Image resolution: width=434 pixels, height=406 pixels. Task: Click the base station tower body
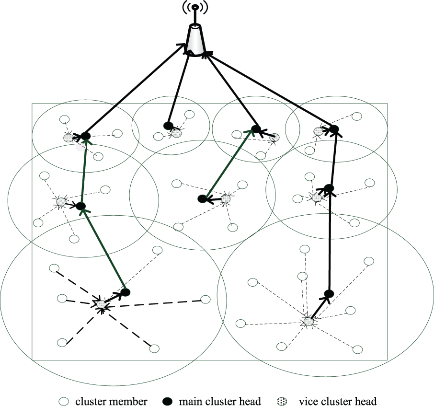[x=195, y=40]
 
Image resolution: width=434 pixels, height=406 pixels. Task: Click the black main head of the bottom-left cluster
[x=125, y=292]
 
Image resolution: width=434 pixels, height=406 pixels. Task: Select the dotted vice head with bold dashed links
[x=101, y=304]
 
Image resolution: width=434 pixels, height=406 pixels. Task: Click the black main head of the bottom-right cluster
[x=329, y=293]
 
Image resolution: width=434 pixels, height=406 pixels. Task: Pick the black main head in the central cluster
[x=203, y=198]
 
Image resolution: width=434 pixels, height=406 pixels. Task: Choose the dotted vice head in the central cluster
[x=226, y=197]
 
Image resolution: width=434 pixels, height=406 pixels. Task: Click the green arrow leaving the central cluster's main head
[x=229, y=163]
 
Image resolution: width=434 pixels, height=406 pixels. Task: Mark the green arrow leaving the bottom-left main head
[x=103, y=249]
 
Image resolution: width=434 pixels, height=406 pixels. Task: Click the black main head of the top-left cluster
[x=85, y=136]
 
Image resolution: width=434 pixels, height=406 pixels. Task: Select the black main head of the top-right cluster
[x=334, y=129]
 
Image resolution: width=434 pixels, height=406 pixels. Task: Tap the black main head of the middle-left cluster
[x=81, y=207]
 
